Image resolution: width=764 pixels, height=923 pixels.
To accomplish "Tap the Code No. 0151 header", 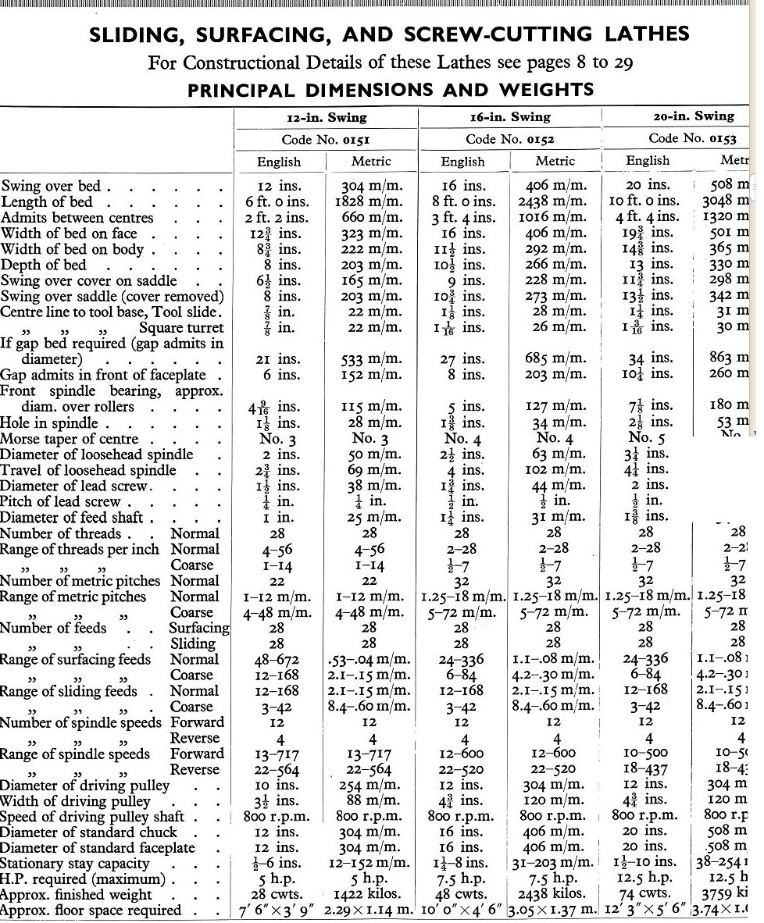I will point(327,139).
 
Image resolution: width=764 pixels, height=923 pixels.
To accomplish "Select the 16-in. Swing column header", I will point(511,116).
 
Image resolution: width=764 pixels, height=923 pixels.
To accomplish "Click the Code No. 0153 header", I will point(692,138).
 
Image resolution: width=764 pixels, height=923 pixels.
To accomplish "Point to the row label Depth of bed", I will point(44,265).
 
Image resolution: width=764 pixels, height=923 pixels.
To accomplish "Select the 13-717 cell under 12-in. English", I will point(279,754).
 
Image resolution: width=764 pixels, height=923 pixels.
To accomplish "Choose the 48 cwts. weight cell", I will point(462,894).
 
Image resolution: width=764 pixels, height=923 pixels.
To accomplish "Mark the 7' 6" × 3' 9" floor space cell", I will point(280,911).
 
